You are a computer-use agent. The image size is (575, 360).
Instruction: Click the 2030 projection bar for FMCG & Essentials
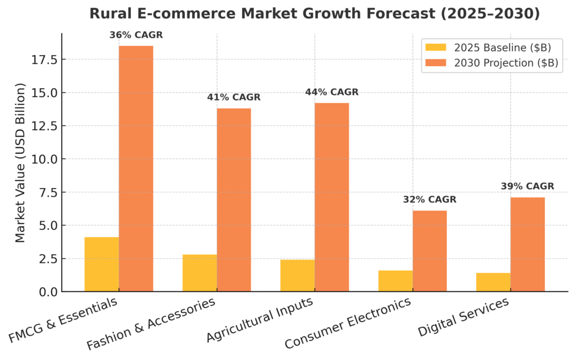[136, 168]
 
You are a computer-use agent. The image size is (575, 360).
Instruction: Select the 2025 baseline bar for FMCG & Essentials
[102, 264]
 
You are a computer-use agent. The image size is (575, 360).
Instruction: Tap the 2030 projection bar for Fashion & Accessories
[234, 199]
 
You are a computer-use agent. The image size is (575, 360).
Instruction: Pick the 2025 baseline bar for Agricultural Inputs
[298, 275]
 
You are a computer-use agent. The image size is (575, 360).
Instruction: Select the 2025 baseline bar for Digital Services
[493, 282]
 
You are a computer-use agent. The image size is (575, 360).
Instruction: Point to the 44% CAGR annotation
[331, 92]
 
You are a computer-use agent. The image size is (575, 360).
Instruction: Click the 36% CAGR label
[136, 35]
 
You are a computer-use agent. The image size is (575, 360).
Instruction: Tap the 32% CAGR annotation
[430, 199]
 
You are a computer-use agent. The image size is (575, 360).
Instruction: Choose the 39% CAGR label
[527, 186]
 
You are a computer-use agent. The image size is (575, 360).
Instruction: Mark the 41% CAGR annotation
[234, 97]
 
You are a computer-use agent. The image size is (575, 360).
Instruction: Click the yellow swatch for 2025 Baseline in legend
[436, 47]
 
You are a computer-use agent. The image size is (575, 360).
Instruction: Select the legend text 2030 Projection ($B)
[506, 63]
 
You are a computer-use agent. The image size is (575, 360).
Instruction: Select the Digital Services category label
[463, 318]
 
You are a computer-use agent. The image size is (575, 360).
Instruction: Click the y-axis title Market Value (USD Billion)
[20, 163]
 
